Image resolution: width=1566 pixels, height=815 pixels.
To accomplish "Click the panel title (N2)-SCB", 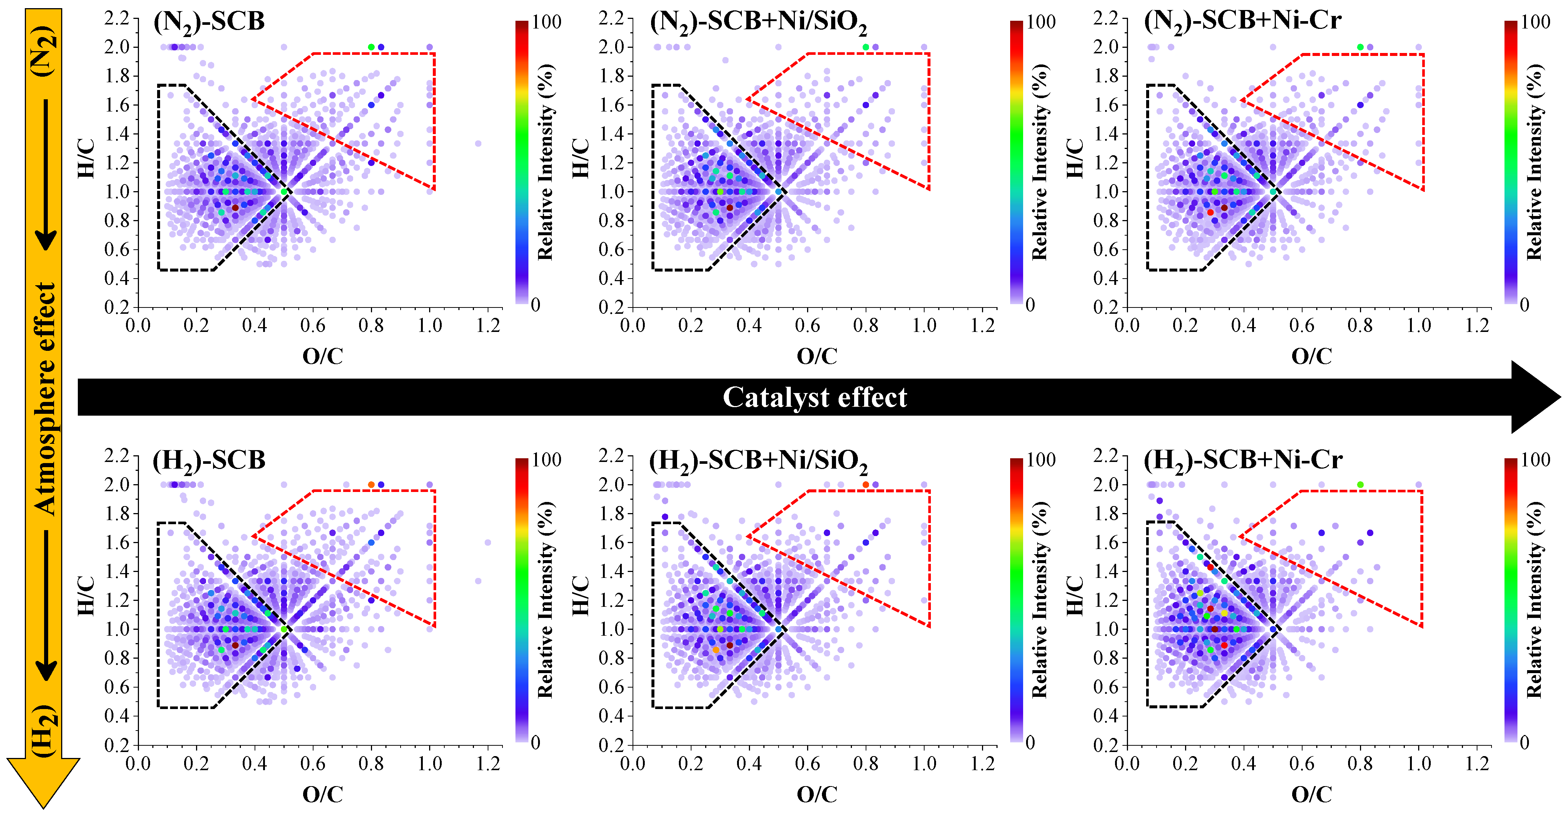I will (209, 22).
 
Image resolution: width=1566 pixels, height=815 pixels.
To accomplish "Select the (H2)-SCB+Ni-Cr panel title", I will (1242, 460).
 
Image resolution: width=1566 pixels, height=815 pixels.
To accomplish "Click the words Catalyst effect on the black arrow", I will (814, 397).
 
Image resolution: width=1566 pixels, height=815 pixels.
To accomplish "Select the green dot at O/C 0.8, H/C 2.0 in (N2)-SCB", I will (371, 47).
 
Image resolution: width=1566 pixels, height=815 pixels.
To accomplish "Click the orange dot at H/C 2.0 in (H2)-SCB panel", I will (371, 485).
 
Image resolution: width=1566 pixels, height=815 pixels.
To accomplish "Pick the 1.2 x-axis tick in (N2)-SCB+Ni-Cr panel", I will (1477, 326).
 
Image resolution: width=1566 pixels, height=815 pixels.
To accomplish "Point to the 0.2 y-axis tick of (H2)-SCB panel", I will (117, 745).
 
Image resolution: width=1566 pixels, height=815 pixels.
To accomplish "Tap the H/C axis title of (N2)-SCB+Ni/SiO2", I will (581, 159).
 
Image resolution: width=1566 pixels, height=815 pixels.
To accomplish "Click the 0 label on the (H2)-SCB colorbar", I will (535, 742).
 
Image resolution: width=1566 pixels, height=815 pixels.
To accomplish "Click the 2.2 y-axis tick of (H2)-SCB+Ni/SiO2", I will (611, 455).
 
